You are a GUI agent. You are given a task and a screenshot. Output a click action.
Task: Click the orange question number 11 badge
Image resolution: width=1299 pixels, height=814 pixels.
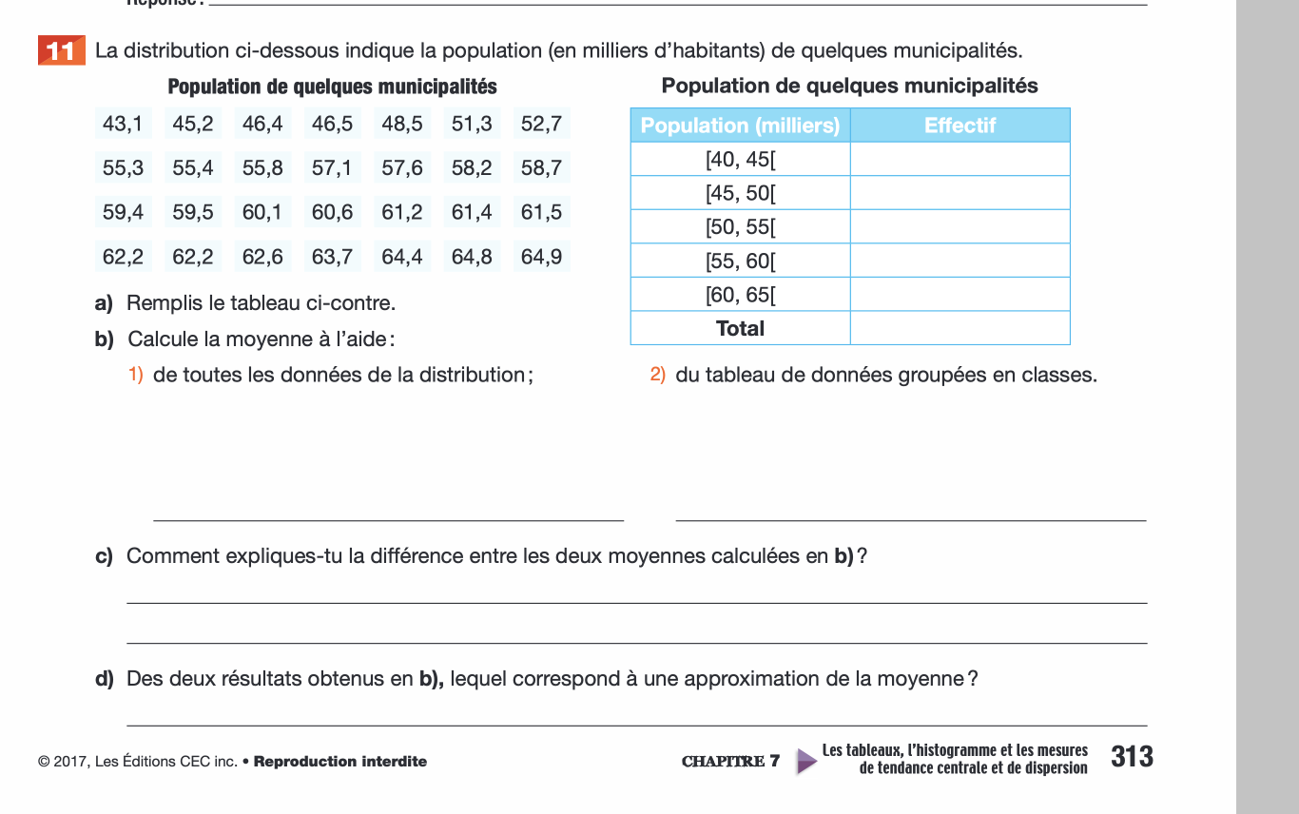pos(61,50)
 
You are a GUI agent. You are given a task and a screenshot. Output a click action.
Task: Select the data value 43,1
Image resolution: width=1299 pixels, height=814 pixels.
pos(123,124)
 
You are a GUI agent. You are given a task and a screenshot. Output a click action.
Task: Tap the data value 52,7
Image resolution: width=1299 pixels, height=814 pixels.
pos(541,124)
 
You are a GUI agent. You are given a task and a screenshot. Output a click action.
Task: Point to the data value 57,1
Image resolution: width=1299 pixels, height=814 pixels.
pos(332,168)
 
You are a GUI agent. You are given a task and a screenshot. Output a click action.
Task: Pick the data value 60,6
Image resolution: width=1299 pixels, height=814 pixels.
pos(332,212)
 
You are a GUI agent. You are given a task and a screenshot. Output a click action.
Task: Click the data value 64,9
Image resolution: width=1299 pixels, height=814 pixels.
pos(541,257)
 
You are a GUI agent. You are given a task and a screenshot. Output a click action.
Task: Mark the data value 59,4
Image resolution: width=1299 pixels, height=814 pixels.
pos(123,212)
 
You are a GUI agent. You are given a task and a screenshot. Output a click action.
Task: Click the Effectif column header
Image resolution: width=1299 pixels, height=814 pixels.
pos(960,126)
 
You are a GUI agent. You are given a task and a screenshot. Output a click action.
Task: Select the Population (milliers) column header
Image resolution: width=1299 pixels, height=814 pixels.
pos(740,126)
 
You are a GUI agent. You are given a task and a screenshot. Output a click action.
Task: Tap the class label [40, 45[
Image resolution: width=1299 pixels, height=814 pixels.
pos(740,159)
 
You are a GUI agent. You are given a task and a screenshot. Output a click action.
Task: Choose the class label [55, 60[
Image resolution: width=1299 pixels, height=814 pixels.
pos(740,261)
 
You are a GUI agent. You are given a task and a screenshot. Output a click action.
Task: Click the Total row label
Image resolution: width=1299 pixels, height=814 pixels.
pos(740,328)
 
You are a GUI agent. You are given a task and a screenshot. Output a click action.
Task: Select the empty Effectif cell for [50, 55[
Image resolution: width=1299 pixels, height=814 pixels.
pos(960,226)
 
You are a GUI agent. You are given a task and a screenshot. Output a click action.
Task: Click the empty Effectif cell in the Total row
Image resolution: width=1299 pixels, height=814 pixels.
pos(960,328)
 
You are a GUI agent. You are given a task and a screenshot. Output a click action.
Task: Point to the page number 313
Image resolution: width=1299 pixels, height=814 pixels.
pos(1132,757)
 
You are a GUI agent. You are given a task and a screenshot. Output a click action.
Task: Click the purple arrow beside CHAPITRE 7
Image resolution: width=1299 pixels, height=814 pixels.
pos(806,761)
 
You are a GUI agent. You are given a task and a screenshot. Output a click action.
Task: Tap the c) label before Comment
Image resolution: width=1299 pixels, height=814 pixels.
pos(104,556)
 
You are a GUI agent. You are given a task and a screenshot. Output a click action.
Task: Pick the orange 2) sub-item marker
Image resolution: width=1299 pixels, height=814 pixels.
pos(658,375)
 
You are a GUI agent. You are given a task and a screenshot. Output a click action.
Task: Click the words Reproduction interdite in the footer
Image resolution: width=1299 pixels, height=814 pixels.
pos(340,762)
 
